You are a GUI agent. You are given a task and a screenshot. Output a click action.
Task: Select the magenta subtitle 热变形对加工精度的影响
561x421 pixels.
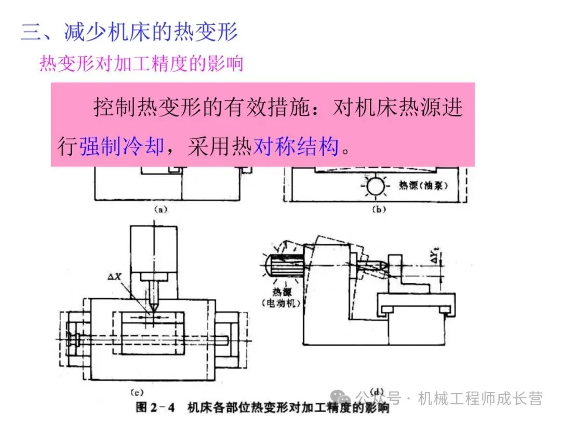pyautogui.click(x=141, y=63)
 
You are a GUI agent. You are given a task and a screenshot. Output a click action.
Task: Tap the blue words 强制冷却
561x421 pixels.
pyautogui.click(x=122, y=147)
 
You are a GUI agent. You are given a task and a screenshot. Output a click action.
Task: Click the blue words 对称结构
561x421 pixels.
pyautogui.click(x=296, y=147)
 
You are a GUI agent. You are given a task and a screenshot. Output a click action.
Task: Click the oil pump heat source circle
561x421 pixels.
pyautogui.click(x=375, y=186)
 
